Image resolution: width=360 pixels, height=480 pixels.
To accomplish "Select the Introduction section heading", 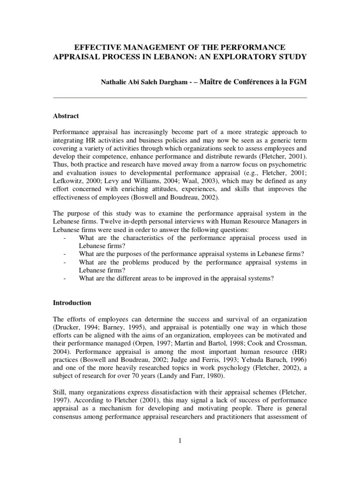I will coord(73,303).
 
